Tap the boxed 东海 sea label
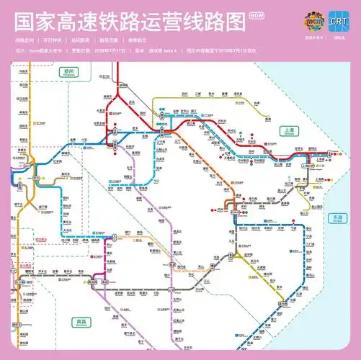click(x=337, y=216)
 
